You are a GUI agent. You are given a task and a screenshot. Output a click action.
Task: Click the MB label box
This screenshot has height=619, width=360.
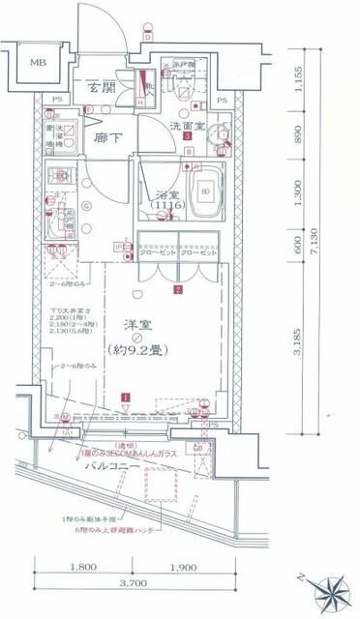point(37,64)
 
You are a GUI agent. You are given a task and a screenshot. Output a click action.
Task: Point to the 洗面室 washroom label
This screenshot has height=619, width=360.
point(187,125)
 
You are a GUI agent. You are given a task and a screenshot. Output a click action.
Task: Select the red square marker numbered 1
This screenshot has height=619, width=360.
point(126,397)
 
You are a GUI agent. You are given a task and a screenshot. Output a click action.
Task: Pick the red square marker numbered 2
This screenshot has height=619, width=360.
point(178,288)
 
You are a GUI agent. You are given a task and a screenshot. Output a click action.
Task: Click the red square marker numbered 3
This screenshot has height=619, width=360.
point(186,137)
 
